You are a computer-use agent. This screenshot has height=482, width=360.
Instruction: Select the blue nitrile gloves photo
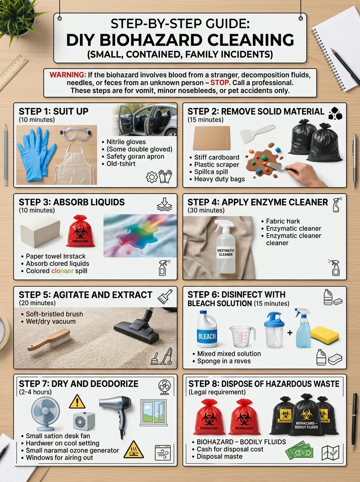[x=36, y=155]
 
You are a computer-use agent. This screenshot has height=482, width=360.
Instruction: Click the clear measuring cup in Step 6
[x=242, y=336]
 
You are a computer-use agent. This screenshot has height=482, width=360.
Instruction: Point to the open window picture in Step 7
[x=153, y=412]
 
